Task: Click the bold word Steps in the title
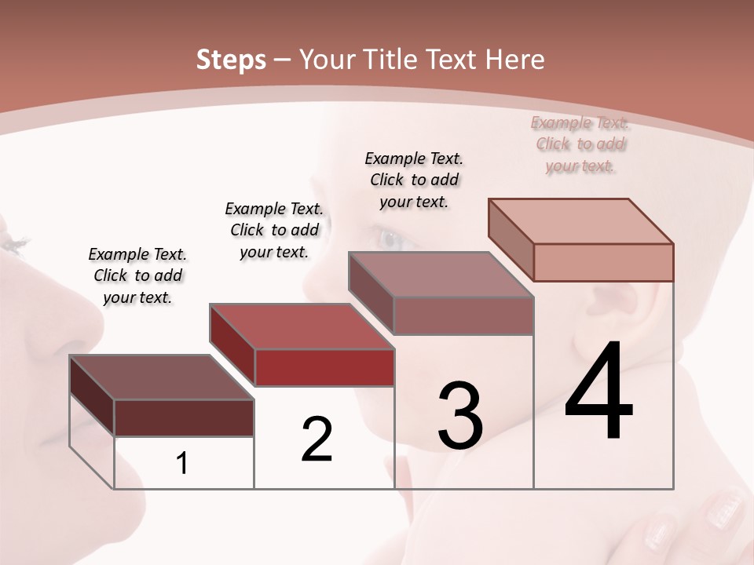pos(231,60)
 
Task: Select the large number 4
pos(598,392)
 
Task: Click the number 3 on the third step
pos(460,416)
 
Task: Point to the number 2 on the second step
pos(317,439)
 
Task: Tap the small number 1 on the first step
pos(182,464)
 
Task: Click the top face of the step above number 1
pos(161,377)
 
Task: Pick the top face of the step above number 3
pos(441,275)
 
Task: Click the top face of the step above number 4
pos(580,221)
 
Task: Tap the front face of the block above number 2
pos(324,367)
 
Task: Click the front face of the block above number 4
pos(603,262)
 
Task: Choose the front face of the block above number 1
pos(184,417)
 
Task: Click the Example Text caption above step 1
pos(137,275)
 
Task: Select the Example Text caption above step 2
pos(274,230)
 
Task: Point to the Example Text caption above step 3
pos(414,180)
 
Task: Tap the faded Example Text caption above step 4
pos(580,144)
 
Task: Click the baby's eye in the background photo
pos(390,238)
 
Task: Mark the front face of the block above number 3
pos(463,315)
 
